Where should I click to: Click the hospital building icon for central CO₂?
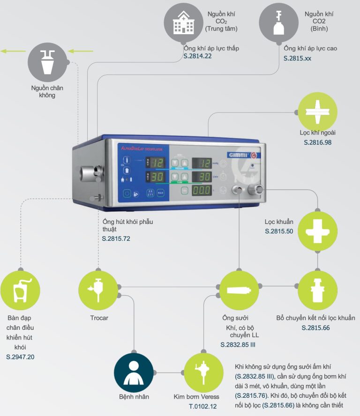pyautogui.click(x=183, y=22)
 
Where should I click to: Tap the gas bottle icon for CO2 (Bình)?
pyautogui.click(x=279, y=22)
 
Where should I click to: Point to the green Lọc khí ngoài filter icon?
pyautogui.click(x=318, y=111)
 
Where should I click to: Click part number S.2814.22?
pyautogui.click(x=198, y=56)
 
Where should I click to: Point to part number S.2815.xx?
pyautogui.click(x=297, y=59)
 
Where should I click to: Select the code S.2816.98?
pyautogui.click(x=318, y=142)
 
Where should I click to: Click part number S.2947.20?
pyautogui.click(x=20, y=357)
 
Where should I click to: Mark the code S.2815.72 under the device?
pyautogui.click(x=116, y=238)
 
